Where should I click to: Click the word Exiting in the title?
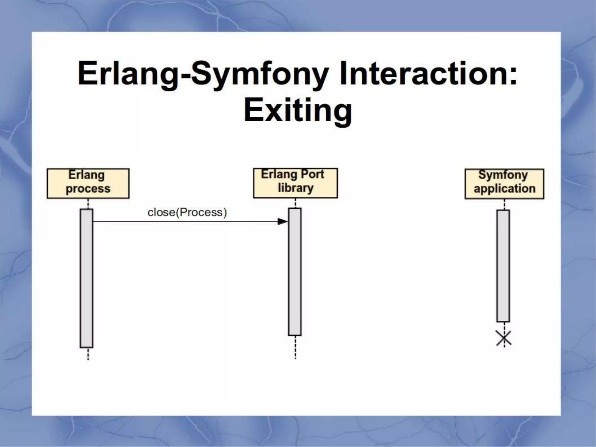(298, 111)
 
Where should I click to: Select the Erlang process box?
(88, 183)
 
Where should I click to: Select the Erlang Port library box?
(295, 183)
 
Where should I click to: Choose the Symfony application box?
(504, 184)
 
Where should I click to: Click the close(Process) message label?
(187, 212)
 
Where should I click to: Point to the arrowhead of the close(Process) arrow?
(282, 222)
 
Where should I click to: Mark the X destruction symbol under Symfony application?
(504, 338)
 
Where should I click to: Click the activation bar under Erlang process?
(86, 278)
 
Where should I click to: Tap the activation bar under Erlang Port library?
(295, 272)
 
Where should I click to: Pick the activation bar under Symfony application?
(503, 266)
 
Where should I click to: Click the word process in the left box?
(88, 189)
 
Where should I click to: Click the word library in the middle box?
(295, 188)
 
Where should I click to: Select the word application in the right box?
(504, 189)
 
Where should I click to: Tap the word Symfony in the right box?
(503, 175)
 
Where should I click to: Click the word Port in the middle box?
(312, 174)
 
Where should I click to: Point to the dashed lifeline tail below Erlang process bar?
(88, 354)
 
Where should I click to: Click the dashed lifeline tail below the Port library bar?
(295, 347)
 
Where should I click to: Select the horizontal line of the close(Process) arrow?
(186, 222)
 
